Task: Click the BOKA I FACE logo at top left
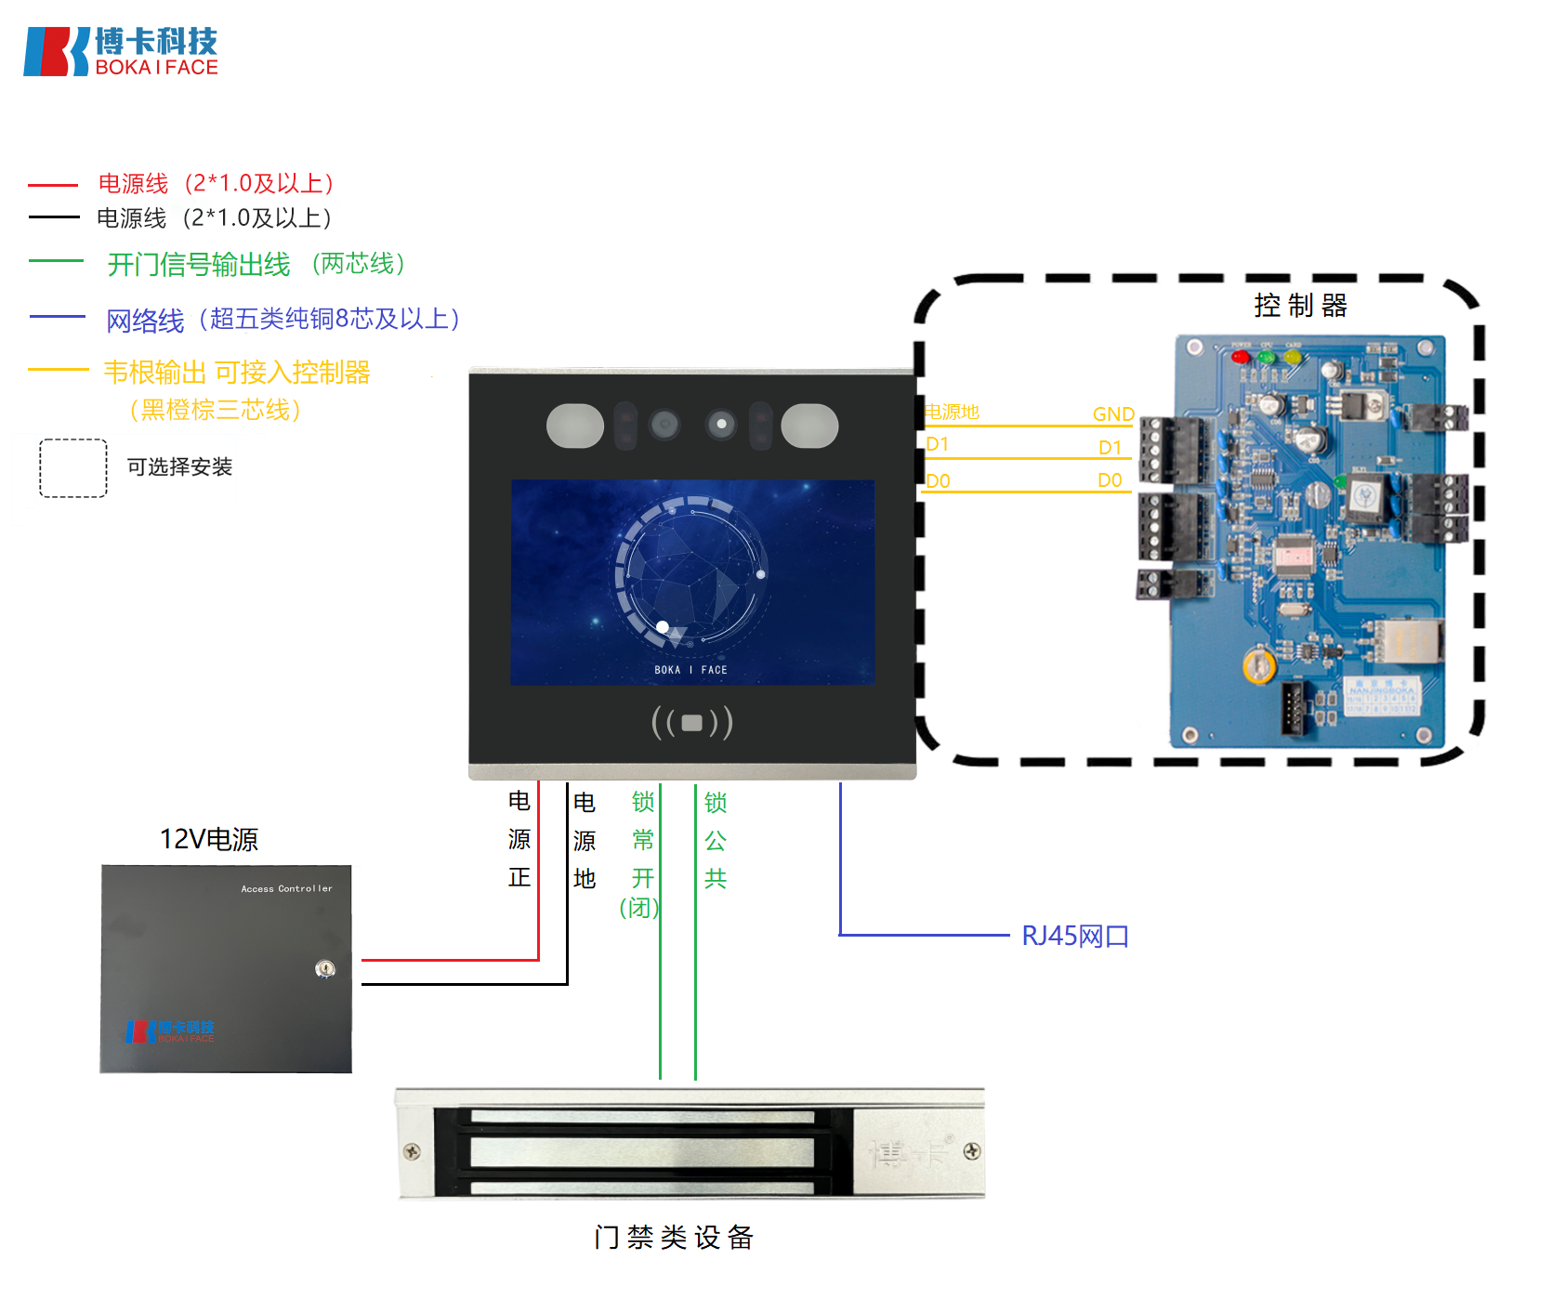pos(121,51)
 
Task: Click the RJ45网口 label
pos(1074,936)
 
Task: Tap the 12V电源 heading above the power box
pos(208,839)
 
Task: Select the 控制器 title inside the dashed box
pos(1300,305)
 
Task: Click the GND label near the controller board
pos(1112,414)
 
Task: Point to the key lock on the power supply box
pos(324,969)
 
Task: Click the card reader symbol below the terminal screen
pos(692,722)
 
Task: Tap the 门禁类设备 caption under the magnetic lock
pos(674,1237)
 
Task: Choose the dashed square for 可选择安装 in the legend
pos(73,467)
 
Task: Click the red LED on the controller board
pos(1240,357)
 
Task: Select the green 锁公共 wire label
pos(715,840)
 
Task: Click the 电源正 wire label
pos(519,839)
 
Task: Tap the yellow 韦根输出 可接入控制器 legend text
pos(236,373)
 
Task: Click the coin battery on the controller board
pos(1258,665)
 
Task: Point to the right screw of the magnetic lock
pos(971,1151)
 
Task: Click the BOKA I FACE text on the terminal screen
pos(690,670)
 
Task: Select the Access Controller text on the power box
pos(286,889)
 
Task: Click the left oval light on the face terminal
pos(575,426)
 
